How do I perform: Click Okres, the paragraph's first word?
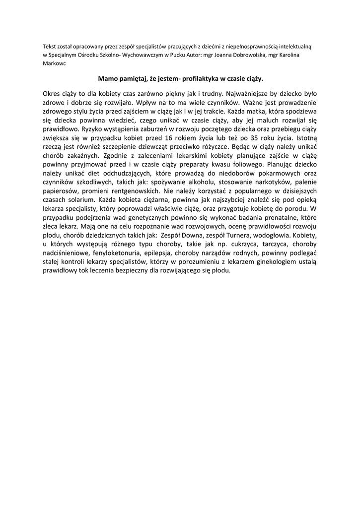(52, 93)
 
